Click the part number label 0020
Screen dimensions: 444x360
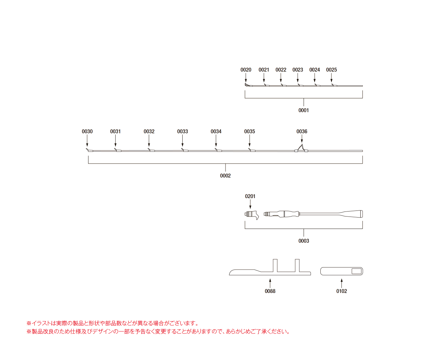click(246, 70)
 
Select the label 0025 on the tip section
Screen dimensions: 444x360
click(331, 70)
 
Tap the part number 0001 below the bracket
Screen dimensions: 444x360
click(304, 110)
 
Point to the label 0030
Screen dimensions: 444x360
click(87, 131)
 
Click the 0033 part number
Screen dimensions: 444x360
click(182, 131)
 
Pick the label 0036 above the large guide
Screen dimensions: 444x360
click(302, 131)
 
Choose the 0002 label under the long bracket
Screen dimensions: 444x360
click(225, 176)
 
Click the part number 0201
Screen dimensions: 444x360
click(250, 196)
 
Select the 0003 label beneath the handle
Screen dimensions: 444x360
click(304, 241)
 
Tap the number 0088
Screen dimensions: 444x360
click(270, 291)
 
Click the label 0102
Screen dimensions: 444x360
click(342, 291)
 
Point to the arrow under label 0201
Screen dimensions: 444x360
click(250, 204)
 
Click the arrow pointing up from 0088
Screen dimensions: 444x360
click(270, 283)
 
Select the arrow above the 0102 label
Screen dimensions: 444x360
click(342, 283)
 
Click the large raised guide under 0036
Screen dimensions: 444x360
click(301, 148)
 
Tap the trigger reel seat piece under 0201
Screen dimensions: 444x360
click(252, 215)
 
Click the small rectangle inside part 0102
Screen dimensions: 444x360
click(357, 271)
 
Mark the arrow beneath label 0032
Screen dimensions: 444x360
click(149, 141)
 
